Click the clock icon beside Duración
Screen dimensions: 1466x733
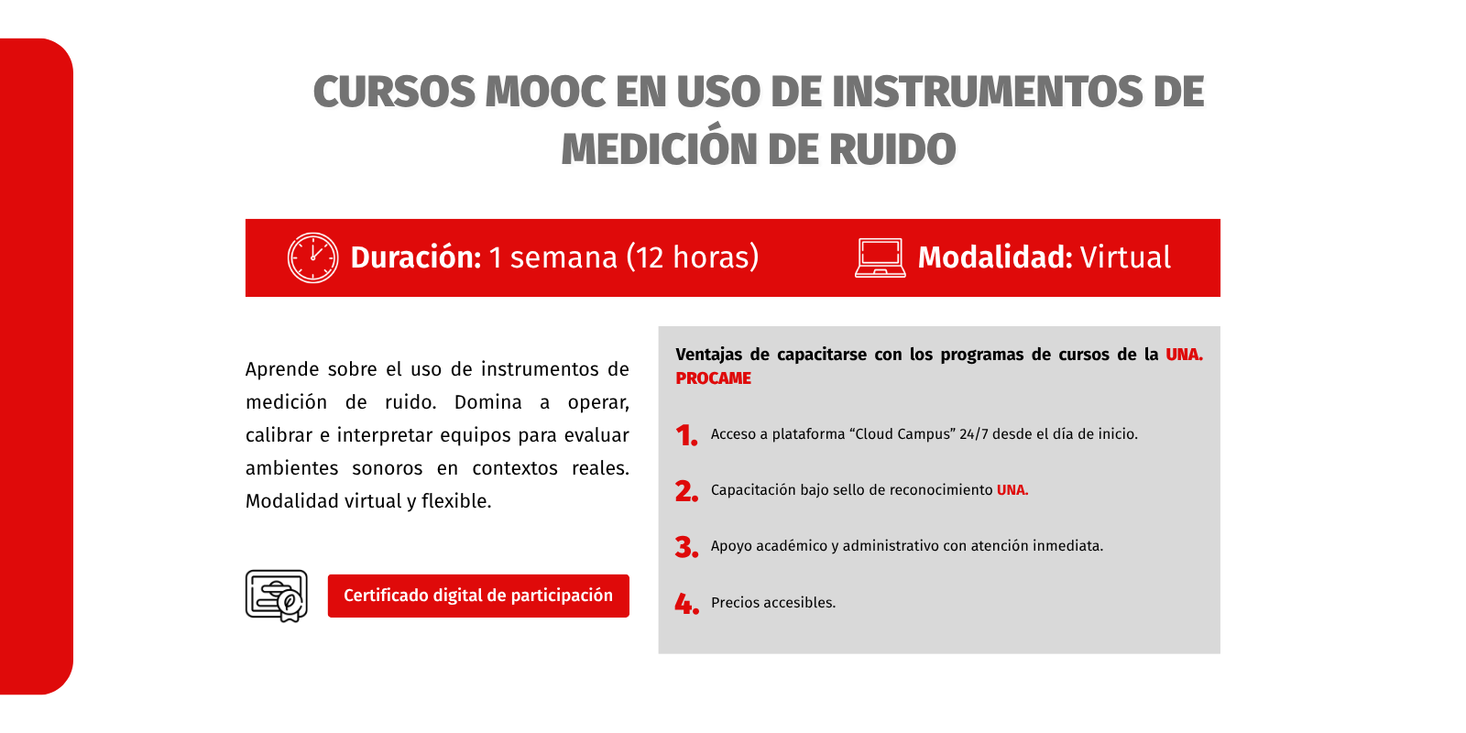pyautogui.click(x=312, y=257)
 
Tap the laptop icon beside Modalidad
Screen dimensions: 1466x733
pyautogui.click(x=881, y=258)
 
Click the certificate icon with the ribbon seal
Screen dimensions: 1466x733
pyautogui.click(x=276, y=596)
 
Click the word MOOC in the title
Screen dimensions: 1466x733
pyautogui.click(x=545, y=92)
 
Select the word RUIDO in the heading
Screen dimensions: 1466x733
pyautogui.click(x=892, y=149)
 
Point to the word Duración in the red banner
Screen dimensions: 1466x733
pyautogui.click(x=416, y=257)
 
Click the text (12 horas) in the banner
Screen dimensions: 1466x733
pyautogui.click(x=693, y=257)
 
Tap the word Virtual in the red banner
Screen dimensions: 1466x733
pyautogui.click(x=1125, y=257)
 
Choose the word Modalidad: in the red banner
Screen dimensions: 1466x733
pyautogui.click(x=995, y=257)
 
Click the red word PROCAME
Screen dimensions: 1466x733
pyautogui.click(x=714, y=378)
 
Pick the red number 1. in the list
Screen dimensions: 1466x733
pyautogui.click(x=686, y=435)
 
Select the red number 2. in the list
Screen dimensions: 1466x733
pyautogui.click(x=686, y=491)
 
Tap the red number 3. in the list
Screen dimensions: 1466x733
pyautogui.click(x=686, y=547)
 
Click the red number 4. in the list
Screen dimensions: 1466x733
pyautogui.click(x=686, y=604)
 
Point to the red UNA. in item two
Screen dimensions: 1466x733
pyautogui.click(x=1012, y=489)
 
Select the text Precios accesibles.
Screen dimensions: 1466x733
pyautogui.click(x=773, y=602)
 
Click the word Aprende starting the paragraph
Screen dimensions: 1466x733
pyautogui.click(x=282, y=370)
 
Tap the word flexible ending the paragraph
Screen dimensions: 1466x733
pyautogui.click(x=456, y=501)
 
